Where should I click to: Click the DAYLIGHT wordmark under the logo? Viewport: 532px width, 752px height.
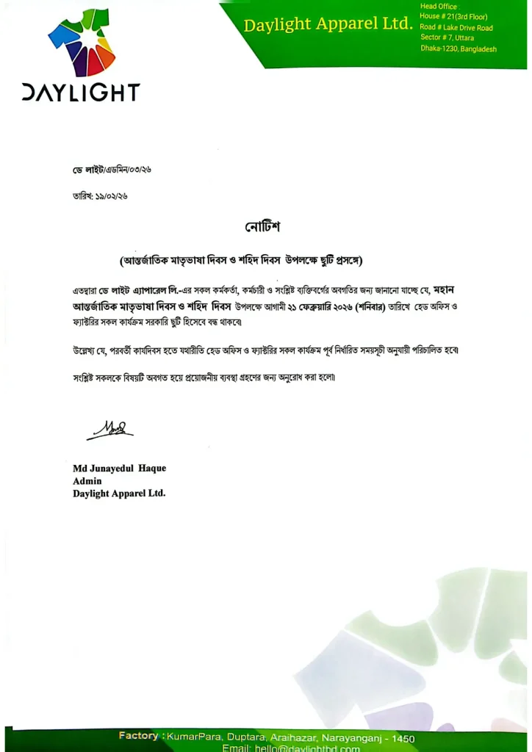pyautogui.click(x=81, y=93)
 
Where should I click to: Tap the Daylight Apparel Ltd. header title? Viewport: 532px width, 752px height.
pyautogui.click(x=328, y=25)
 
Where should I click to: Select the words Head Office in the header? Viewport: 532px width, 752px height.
pyautogui.click(x=439, y=7)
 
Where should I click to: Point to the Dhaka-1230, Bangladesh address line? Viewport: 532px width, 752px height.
pyautogui.click(x=459, y=48)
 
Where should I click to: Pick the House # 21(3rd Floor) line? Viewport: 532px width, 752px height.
pyautogui.click(x=453, y=17)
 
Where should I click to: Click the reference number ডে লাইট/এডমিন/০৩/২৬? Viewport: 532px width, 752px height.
pyautogui.click(x=107, y=170)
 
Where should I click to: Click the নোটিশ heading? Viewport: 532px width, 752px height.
pyautogui.click(x=262, y=227)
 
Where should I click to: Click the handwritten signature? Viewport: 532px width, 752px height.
pyautogui.click(x=109, y=428)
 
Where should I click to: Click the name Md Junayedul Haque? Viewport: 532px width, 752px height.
pyautogui.click(x=119, y=469)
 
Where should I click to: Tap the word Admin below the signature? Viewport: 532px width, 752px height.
pyautogui.click(x=87, y=481)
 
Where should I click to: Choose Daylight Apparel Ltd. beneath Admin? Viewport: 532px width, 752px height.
pyautogui.click(x=119, y=493)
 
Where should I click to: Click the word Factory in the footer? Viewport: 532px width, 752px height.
pyautogui.click(x=139, y=736)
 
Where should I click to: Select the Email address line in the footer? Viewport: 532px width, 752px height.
pyautogui.click(x=291, y=748)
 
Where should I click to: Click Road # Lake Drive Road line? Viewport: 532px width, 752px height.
pyautogui.click(x=456, y=27)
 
